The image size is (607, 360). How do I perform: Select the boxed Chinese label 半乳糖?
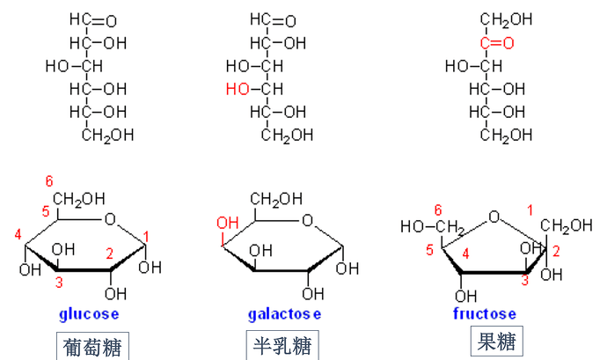coord(281,344)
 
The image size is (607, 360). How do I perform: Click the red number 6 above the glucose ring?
coord(49,180)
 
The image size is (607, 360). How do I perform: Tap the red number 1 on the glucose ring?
coord(148,235)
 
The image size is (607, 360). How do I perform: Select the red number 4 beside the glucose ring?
coord(18,234)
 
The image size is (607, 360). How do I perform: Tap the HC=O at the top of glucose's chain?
coord(89,19)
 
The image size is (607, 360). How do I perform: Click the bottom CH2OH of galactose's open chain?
coord(288,134)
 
